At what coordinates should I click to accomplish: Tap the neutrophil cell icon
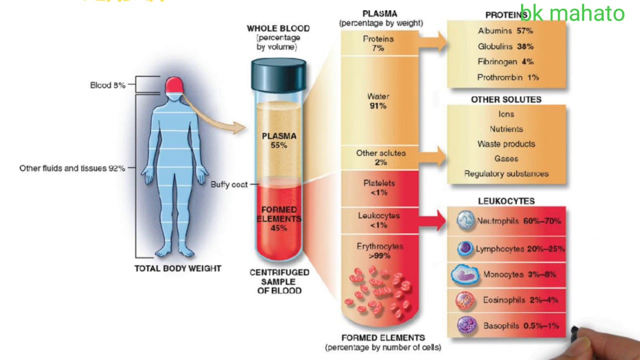click(x=466, y=221)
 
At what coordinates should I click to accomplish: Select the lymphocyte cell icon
click(x=465, y=248)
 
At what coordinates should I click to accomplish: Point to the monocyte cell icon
click(x=465, y=274)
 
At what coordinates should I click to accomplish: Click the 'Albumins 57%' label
click(x=505, y=31)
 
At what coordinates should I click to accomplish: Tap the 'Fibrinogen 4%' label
click(x=505, y=62)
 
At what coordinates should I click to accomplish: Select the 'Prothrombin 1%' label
click(x=507, y=77)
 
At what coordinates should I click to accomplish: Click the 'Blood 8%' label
click(x=107, y=85)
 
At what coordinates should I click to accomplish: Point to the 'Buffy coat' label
click(x=228, y=184)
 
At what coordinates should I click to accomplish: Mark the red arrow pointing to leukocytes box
click(x=434, y=220)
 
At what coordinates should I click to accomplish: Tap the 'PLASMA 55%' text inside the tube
click(x=279, y=140)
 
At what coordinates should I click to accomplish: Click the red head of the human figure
click(x=174, y=84)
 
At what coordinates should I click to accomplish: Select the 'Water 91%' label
click(x=378, y=101)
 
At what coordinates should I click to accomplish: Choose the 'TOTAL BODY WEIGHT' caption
click(x=177, y=268)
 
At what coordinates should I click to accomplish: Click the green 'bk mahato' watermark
click(x=572, y=13)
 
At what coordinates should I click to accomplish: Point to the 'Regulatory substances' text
click(x=506, y=174)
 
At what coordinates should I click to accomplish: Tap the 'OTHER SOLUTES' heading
click(x=506, y=99)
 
